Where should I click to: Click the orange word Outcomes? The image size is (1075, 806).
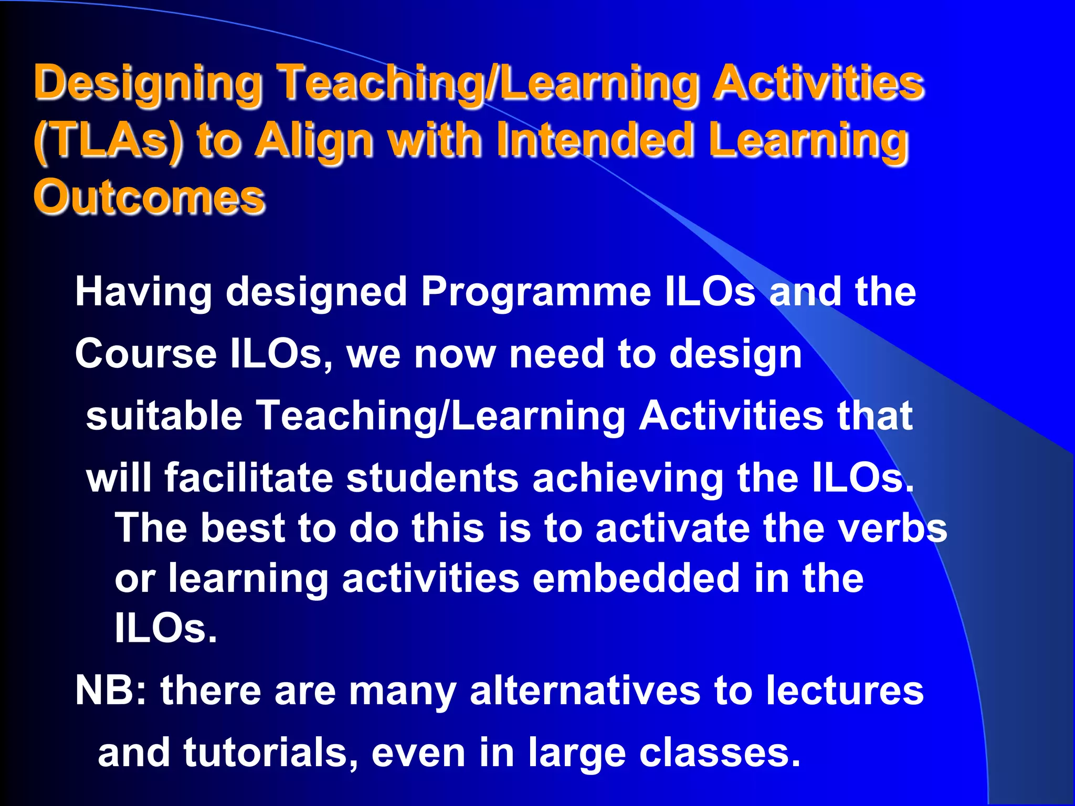pos(150,198)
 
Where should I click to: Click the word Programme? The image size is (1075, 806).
pos(535,292)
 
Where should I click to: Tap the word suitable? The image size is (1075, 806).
pos(164,416)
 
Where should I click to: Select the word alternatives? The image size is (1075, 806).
pos(585,691)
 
